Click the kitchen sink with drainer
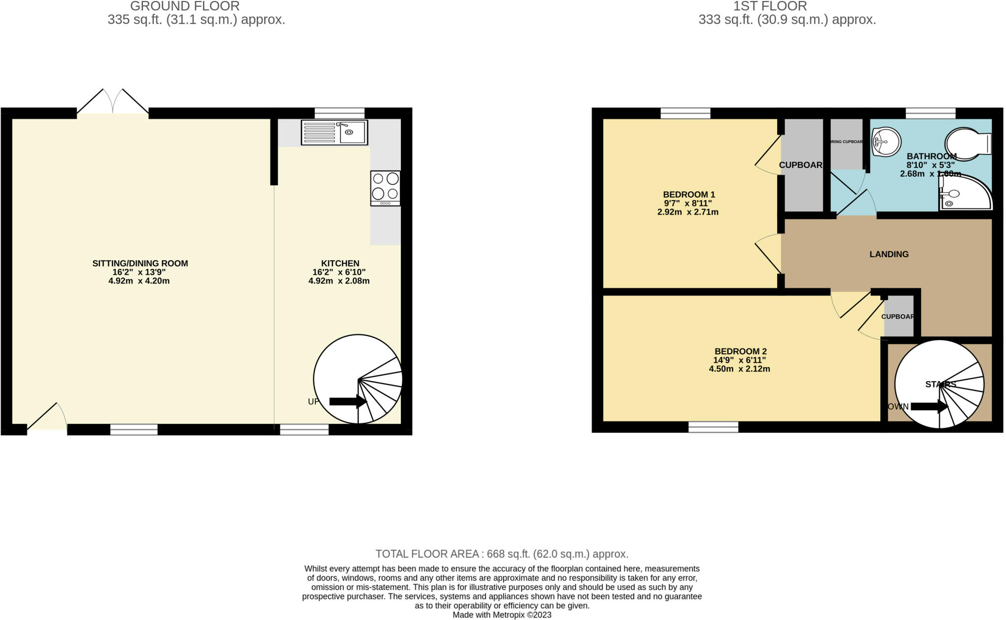click(334, 132)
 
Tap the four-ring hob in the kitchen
click(385, 188)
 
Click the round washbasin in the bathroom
click(886, 142)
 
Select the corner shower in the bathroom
click(964, 193)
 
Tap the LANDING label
click(889, 254)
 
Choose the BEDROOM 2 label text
click(740, 351)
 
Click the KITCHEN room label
click(340, 263)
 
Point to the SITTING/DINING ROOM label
click(140, 263)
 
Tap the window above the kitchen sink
click(339, 113)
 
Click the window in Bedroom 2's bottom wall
click(713, 427)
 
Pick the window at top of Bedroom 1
click(685, 113)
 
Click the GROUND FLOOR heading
click(185, 6)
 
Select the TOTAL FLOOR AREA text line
click(502, 554)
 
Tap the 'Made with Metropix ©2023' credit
click(502, 615)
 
